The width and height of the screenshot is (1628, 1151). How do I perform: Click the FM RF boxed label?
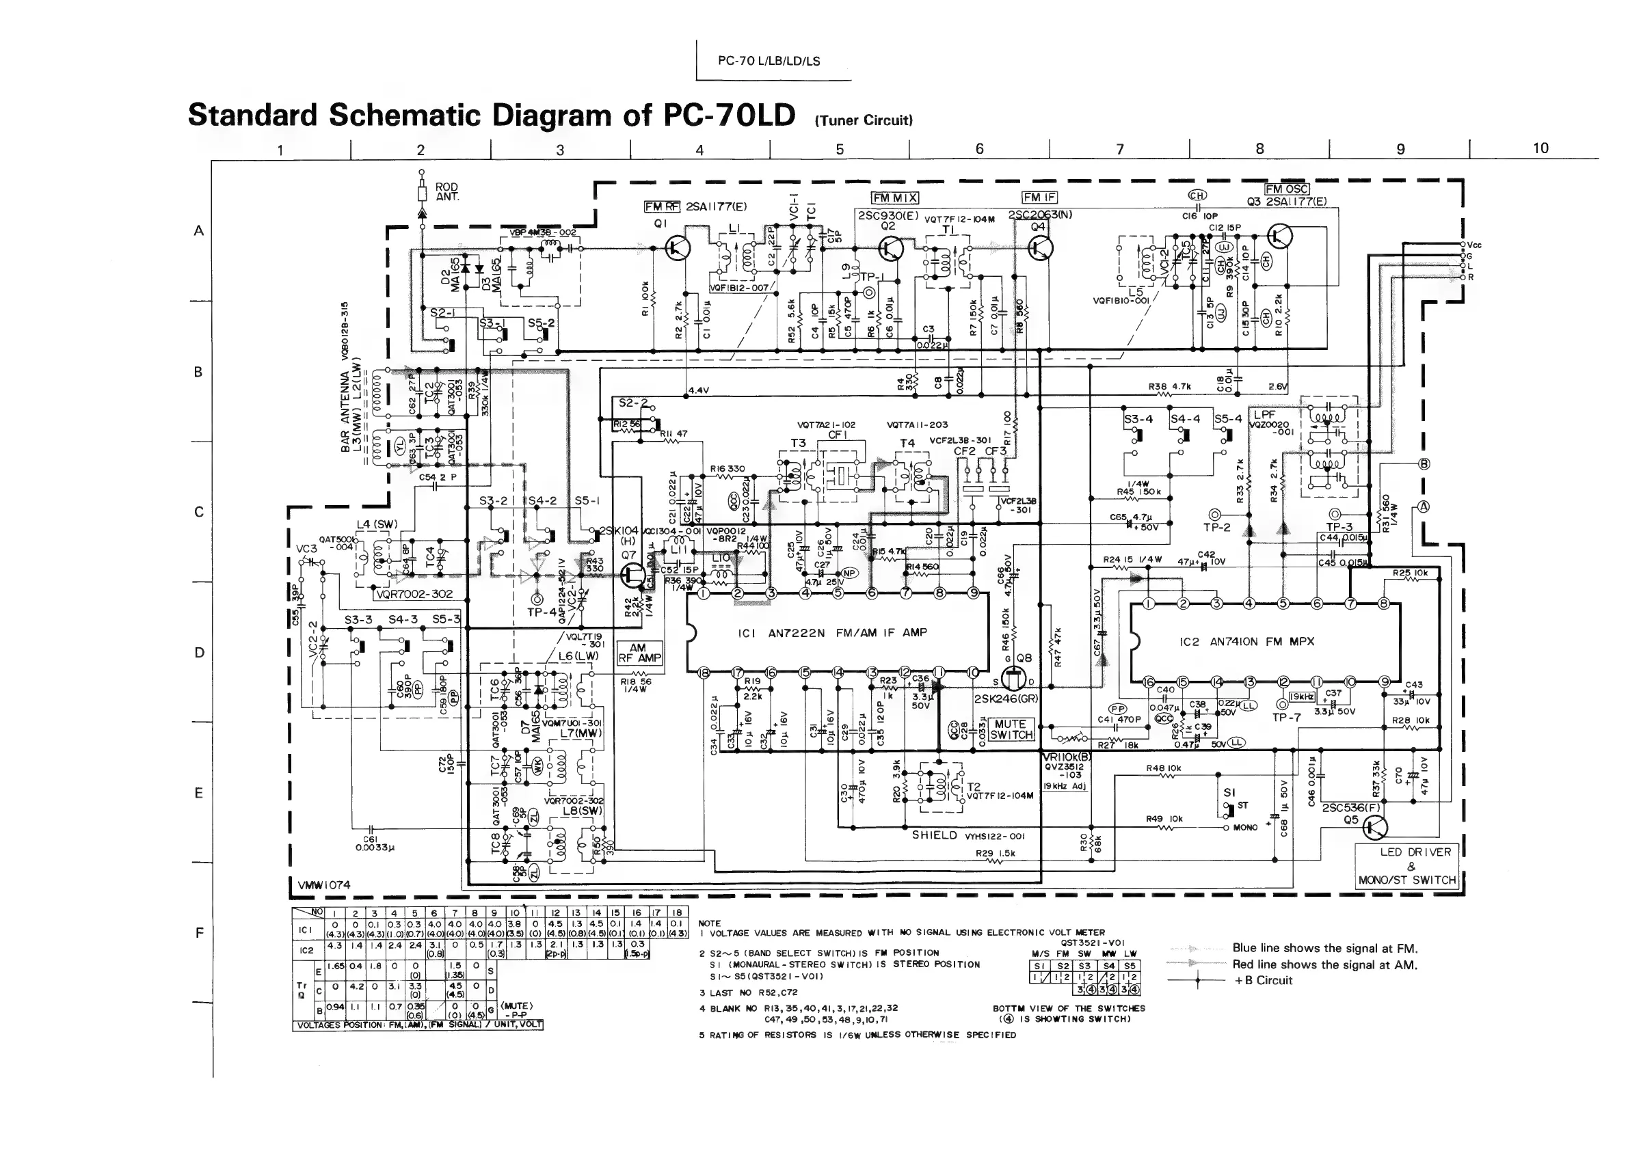click(662, 207)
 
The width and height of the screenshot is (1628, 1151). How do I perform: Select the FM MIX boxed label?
click(894, 198)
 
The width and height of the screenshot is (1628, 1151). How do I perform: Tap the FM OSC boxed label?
click(1287, 189)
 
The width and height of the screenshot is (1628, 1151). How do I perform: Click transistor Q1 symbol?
click(678, 247)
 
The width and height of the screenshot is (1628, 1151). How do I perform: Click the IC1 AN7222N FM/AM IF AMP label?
click(837, 632)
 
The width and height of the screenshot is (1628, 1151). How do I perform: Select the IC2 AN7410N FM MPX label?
click(1246, 641)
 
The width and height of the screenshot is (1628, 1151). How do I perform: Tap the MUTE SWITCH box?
click(1011, 729)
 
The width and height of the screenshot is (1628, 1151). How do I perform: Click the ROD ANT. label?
click(446, 192)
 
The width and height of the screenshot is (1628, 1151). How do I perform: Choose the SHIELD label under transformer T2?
click(934, 836)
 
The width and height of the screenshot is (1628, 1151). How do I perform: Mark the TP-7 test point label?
click(1286, 717)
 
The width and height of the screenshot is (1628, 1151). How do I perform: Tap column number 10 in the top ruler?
click(1540, 148)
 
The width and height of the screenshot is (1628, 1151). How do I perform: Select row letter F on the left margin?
click(199, 933)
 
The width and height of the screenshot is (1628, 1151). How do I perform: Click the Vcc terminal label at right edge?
click(1473, 245)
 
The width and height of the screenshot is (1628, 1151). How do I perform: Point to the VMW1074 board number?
click(323, 885)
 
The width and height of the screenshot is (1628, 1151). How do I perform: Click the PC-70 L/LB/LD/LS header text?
click(769, 61)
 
